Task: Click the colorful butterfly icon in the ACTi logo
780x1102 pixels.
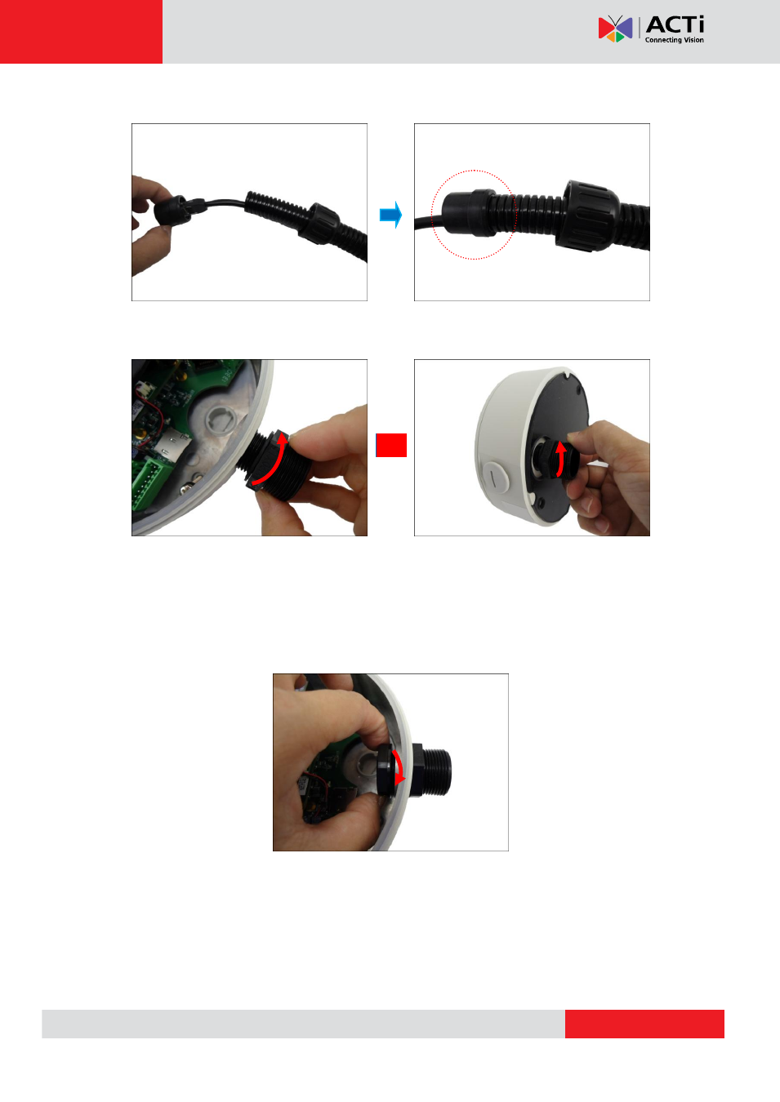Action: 615,29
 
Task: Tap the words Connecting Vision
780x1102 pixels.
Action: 674,40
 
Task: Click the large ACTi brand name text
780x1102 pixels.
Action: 675,24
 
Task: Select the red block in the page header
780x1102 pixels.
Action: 81,32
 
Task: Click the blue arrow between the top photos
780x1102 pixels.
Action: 390,215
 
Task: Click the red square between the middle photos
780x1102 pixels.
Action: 391,445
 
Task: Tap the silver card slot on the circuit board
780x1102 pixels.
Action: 172,447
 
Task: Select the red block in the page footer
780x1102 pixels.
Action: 644,1024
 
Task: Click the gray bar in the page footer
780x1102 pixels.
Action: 303,1024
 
